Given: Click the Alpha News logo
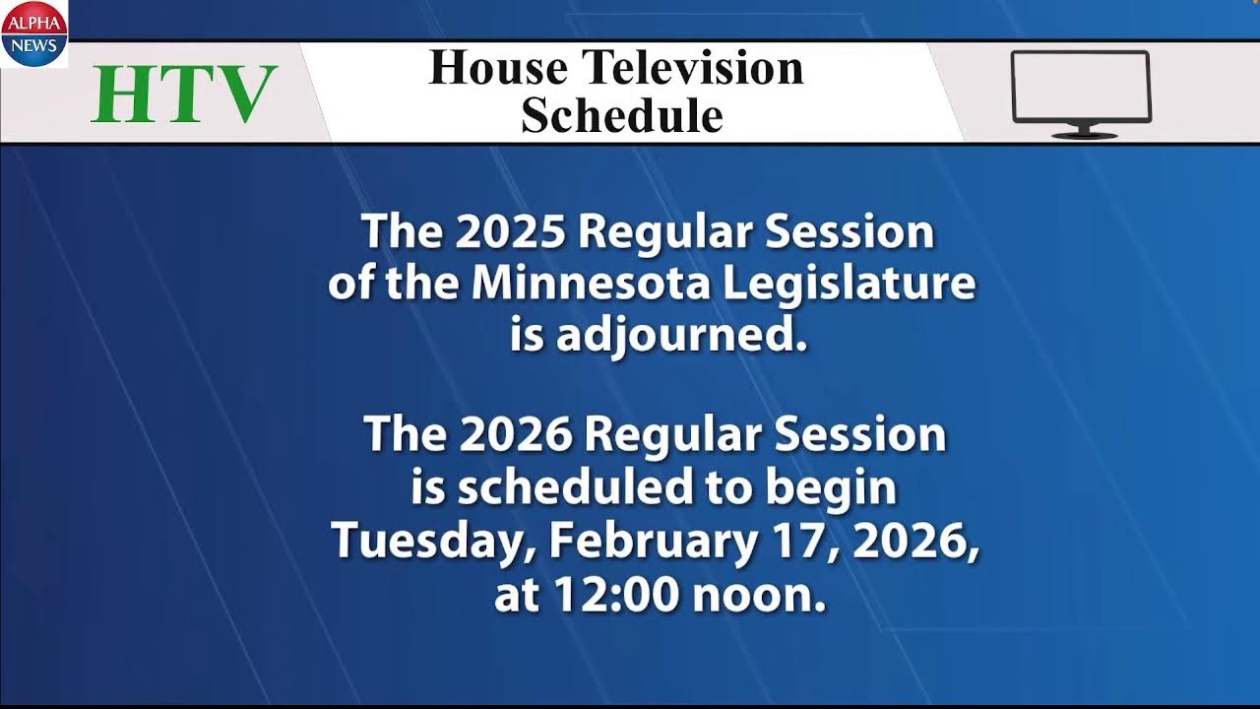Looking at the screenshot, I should tap(33, 32).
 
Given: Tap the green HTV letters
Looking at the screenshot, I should tap(185, 95).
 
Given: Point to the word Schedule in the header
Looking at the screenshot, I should tap(622, 115).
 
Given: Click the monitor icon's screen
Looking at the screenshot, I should tap(1081, 86).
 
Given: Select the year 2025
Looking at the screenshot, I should tap(510, 232).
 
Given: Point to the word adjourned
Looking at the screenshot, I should tap(680, 337).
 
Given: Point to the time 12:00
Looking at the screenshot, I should tap(620, 596).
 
